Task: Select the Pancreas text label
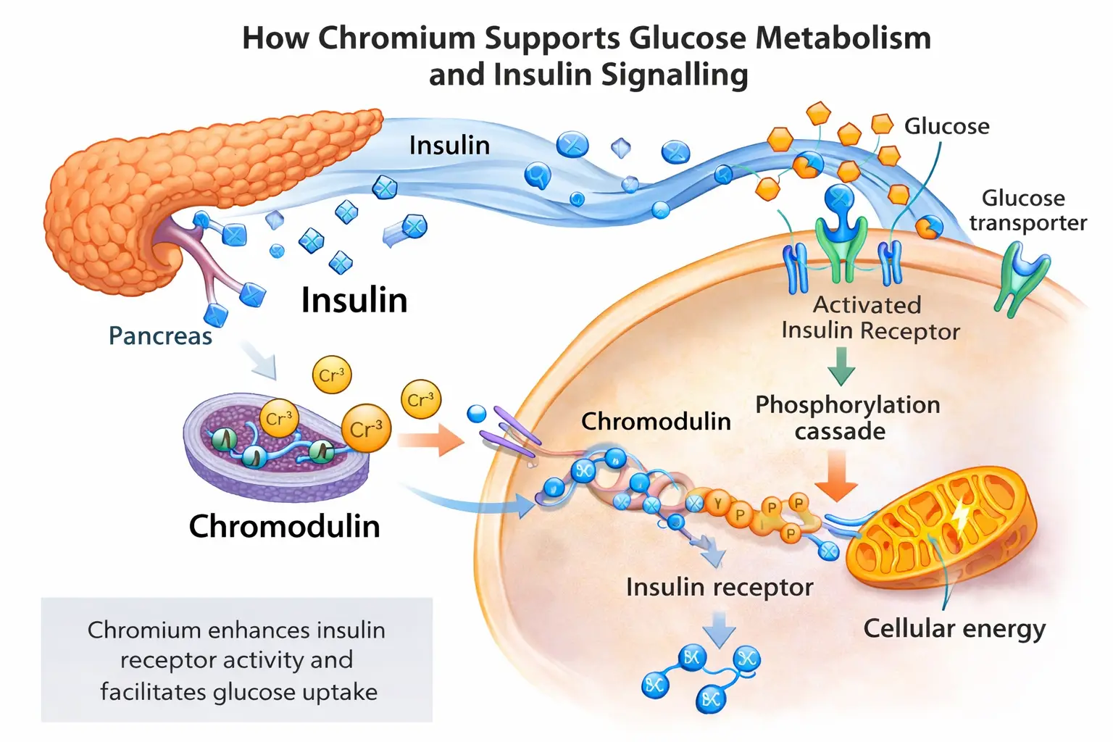[160, 336]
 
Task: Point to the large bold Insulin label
[354, 300]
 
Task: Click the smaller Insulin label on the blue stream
[449, 146]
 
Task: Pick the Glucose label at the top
[946, 126]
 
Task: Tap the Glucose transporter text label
[1027, 210]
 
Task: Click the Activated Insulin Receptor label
[870, 317]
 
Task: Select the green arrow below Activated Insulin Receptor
[841, 366]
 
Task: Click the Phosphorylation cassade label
[847, 417]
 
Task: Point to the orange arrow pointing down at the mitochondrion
[836, 475]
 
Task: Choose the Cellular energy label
[954, 628]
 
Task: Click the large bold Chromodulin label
[284, 526]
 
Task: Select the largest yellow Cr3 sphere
[366, 428]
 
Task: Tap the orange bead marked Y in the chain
[718, 503]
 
